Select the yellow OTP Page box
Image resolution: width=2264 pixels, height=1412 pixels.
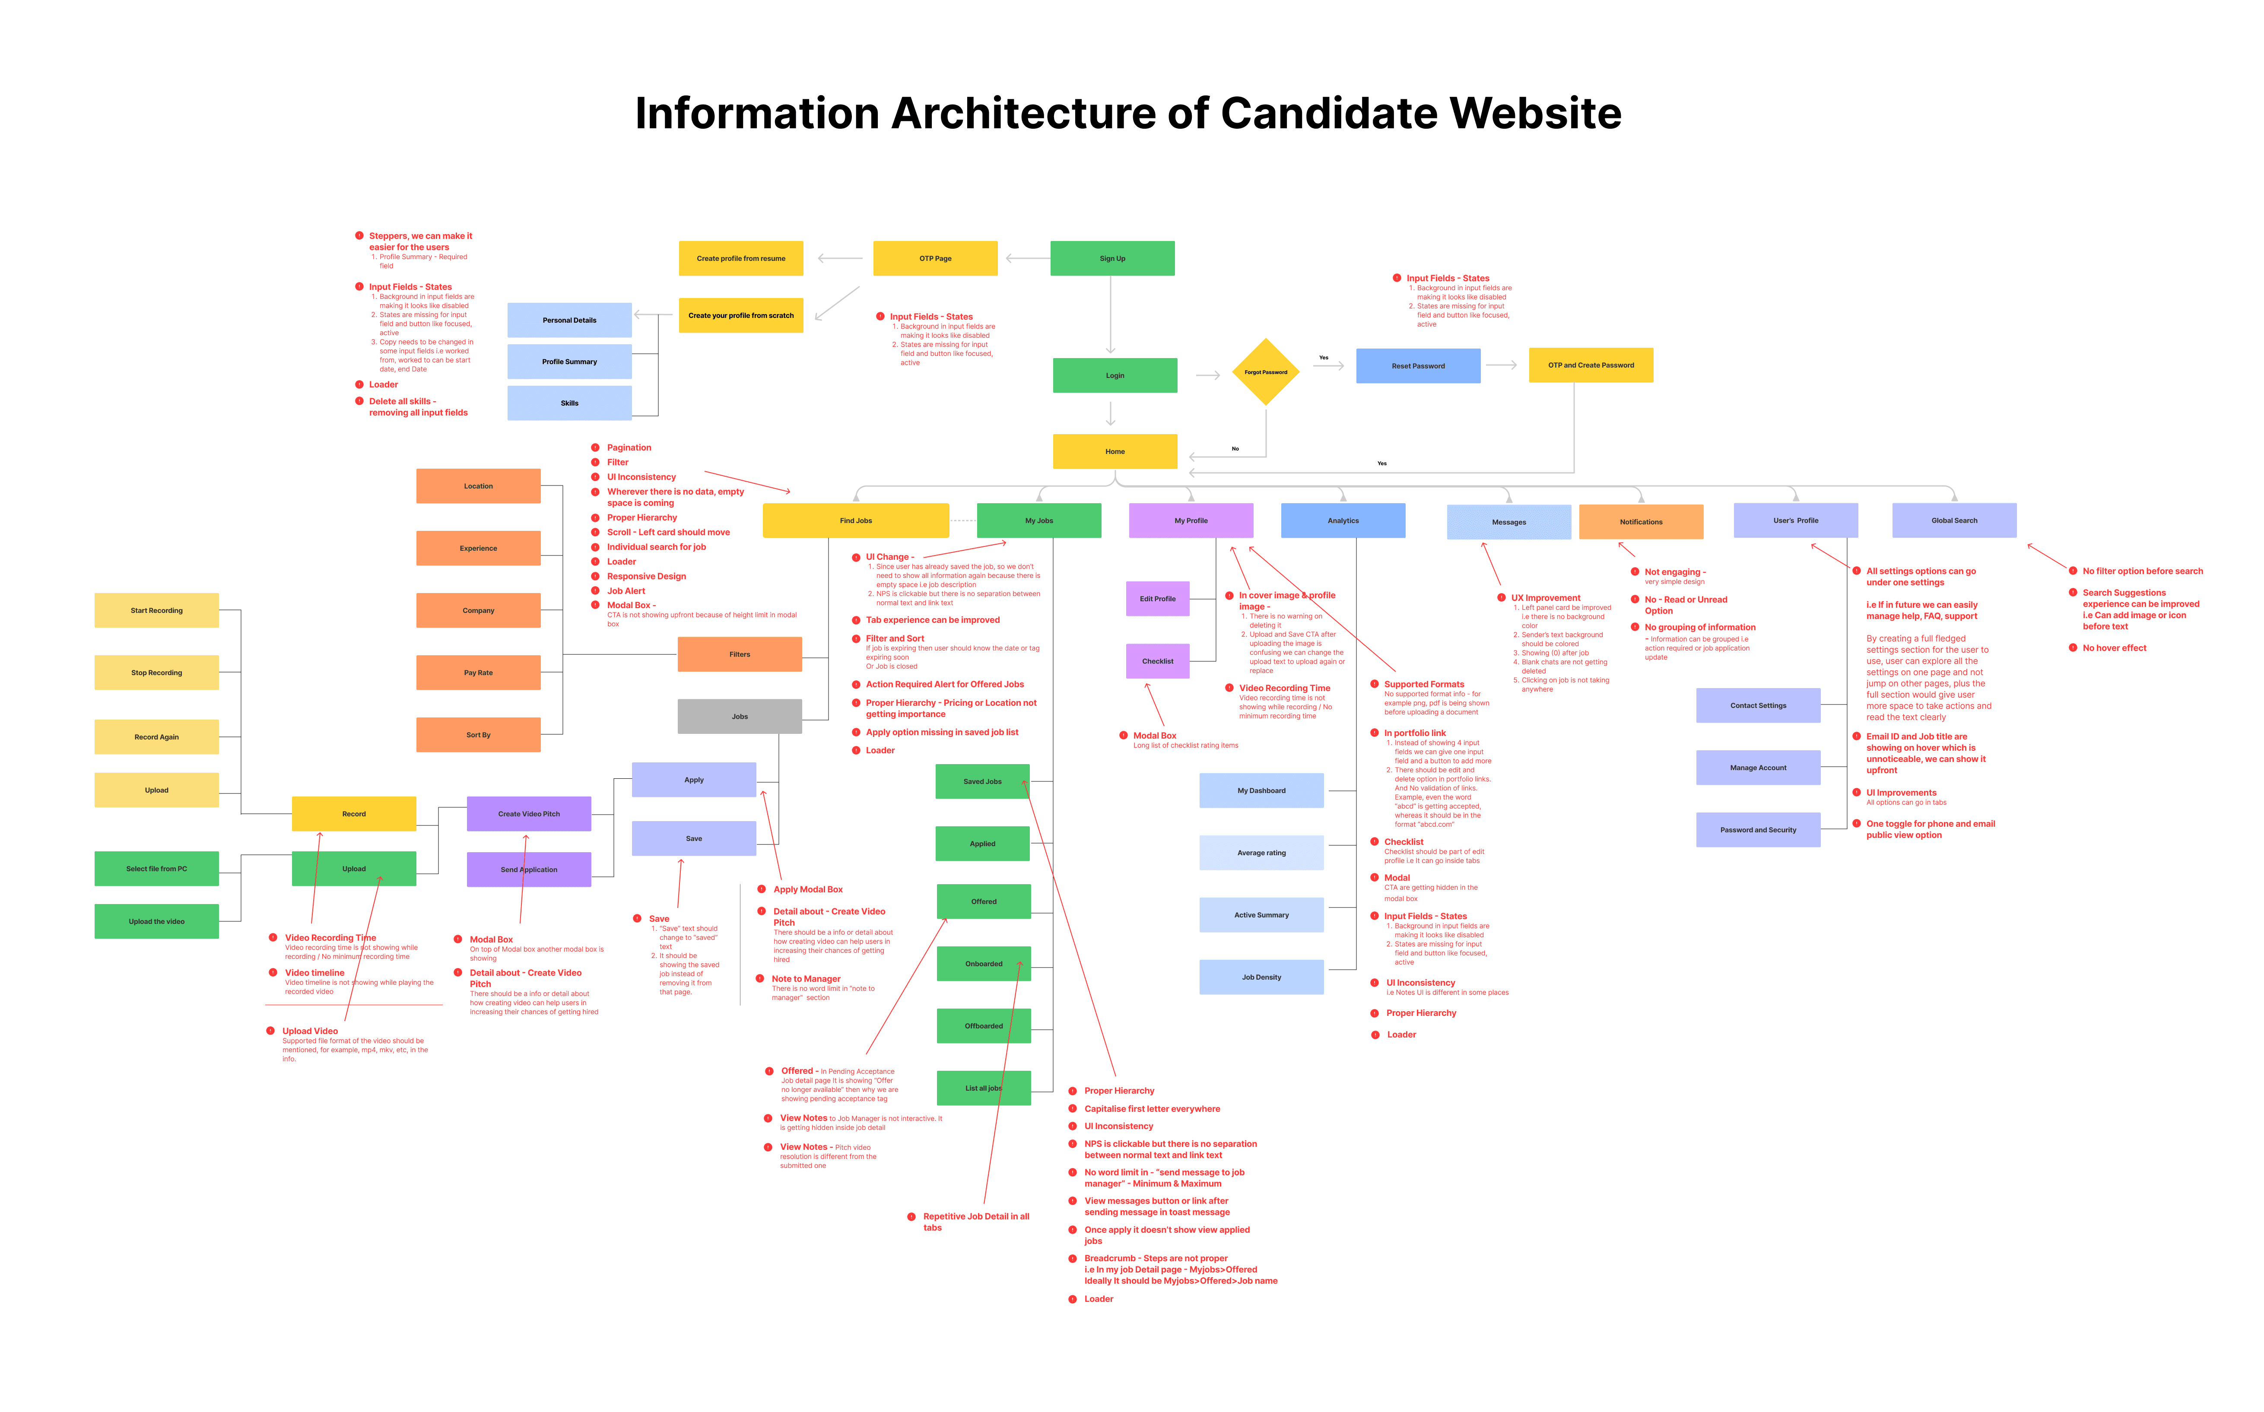tap(935, 259)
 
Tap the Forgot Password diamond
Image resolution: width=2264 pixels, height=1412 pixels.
tap(1266, 371)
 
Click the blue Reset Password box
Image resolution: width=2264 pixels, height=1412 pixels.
tap(1418, 366)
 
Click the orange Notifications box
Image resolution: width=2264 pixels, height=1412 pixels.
tap(1641, 522)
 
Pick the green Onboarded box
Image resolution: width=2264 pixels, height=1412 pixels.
tap(984, 964)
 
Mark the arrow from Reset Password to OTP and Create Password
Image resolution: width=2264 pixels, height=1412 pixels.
tap(1502, 365)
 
